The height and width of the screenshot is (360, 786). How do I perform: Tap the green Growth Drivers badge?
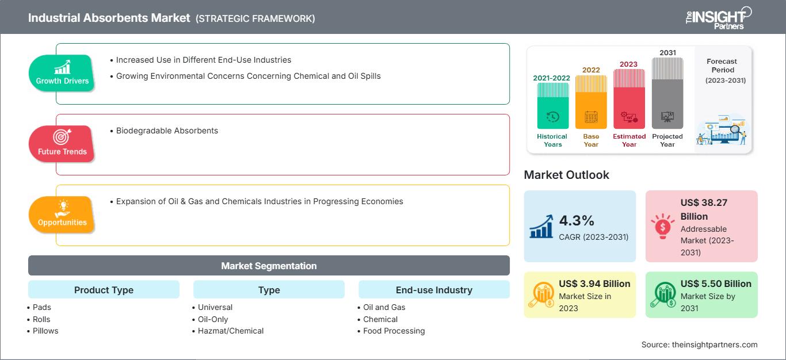pos(62,73)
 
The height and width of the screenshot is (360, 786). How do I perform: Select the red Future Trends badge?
pos(62,144)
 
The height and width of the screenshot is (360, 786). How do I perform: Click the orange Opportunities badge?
pos(62,215)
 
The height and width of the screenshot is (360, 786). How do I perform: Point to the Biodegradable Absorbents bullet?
pos(167,131)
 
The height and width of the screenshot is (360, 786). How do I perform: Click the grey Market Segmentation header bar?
pos(269,266)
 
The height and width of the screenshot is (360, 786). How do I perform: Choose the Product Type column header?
pos(104,290)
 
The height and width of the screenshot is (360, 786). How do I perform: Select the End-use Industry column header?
pos(434,290)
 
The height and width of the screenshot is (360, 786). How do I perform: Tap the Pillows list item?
pos(45,331)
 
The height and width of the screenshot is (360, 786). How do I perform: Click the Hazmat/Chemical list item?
pos(230,331)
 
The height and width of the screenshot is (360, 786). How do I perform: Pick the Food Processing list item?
pos(394,331)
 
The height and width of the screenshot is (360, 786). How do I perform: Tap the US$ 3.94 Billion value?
pos(594,284)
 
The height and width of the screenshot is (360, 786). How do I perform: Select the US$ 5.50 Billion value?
pos(716,284)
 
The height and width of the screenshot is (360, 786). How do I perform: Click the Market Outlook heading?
pos(566,175)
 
